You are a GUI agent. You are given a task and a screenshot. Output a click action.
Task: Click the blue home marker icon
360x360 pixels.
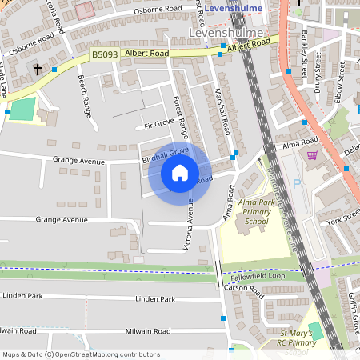180,172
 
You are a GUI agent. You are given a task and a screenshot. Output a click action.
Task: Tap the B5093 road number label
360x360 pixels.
103,54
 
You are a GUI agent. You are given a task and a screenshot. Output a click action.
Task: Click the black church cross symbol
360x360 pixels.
38,70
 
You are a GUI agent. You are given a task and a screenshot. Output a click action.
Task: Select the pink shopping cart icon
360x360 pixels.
312,155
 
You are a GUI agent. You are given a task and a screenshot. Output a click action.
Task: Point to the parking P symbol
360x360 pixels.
298,183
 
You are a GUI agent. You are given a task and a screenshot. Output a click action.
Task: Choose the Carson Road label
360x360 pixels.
243,286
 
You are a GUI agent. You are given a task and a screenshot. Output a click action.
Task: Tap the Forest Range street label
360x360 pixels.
180,116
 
